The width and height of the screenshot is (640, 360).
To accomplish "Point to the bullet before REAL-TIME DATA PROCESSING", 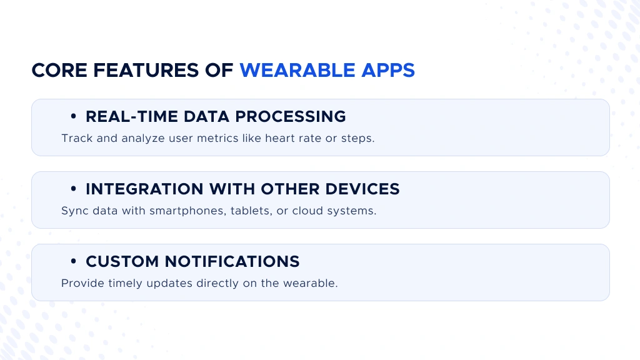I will (74, 117).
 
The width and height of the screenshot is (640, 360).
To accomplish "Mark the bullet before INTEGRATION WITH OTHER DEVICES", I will (74, 189).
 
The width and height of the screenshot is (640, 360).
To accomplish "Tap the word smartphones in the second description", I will (184, 211).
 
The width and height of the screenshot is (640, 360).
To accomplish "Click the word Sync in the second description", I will (74, 211).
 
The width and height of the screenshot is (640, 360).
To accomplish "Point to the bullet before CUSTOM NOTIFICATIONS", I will (74, 262).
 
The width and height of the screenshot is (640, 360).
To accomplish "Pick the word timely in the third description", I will (124, 283).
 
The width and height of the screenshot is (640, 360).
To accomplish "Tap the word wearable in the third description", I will (311, 283).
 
